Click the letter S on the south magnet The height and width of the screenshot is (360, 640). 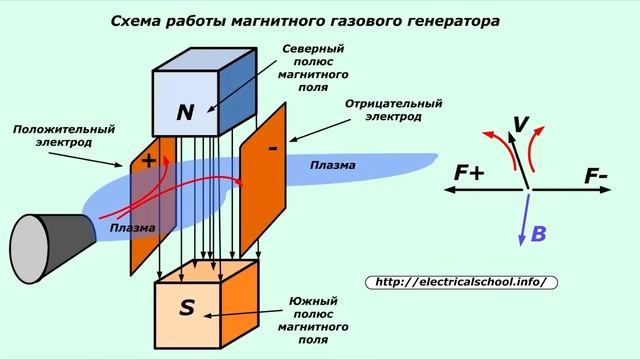point(187,307)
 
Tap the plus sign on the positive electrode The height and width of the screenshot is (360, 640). point(149,161)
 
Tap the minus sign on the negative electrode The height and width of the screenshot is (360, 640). point(272,147)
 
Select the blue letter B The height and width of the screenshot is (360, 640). point(538,235)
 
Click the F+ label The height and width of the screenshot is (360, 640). point(469,174)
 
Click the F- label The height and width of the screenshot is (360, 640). point(597,176)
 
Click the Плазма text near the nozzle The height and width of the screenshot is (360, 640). point(132,228)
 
